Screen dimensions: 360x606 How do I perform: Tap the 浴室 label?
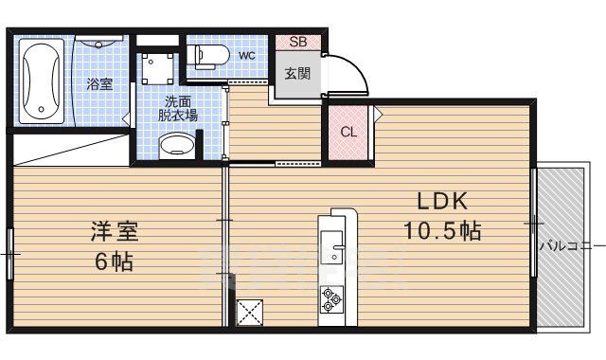(x=100, y=84)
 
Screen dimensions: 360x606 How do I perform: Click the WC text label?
(x=247, y=56)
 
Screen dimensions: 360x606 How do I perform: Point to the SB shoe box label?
(x=297, y=41)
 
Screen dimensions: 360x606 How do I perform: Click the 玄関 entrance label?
(x=297, y=71)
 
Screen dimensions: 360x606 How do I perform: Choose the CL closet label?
(x=348, y=132)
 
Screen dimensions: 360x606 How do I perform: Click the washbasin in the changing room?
(x=175, y=145)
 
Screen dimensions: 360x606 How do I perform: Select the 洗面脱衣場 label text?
(x=177, y=108)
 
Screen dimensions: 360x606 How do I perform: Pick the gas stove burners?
(x=332, y=298)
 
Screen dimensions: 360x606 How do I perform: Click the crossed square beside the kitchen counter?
(x=250, y=312)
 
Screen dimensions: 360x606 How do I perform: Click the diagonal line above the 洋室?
(x=71, y=150)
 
